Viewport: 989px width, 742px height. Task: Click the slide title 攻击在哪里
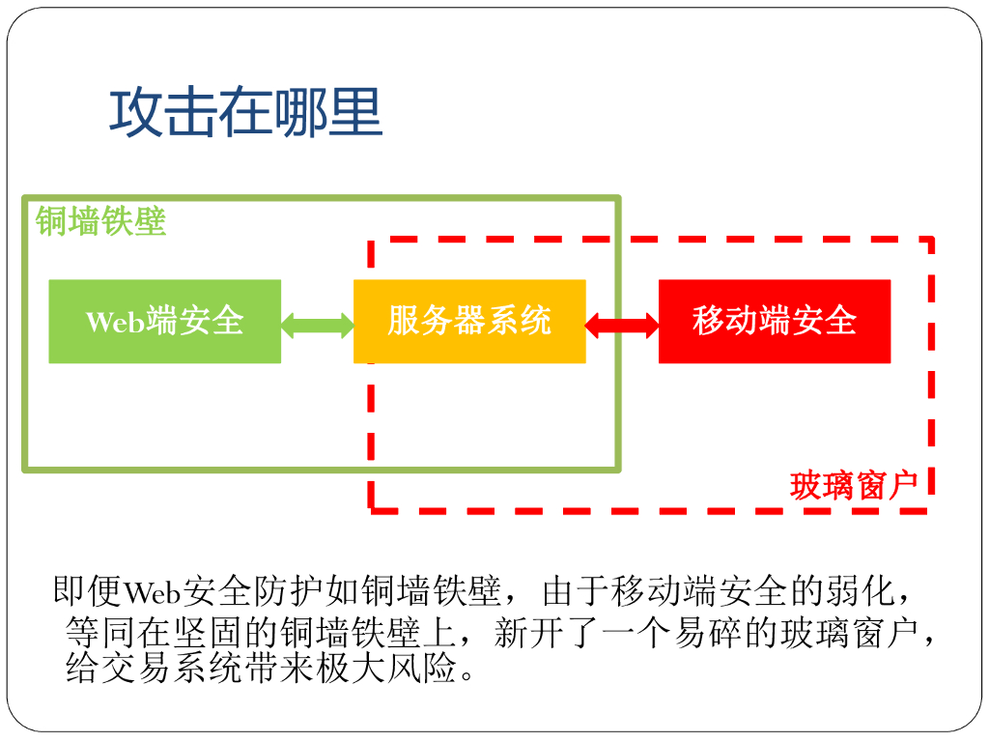[x=245, y=113]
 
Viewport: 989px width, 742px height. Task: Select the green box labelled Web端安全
[x=164, y=321]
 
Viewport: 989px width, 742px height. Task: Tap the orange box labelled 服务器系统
[x=469, y=321]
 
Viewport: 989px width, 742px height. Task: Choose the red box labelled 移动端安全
[x=775, y=321]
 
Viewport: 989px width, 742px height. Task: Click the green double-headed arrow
[x=318, y=323]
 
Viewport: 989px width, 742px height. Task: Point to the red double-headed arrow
[x=622, y=323]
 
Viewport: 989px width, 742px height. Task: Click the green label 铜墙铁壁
[x=101, y=221]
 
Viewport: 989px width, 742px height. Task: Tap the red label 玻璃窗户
[x=853, y=485]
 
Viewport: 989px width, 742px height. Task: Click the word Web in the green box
[x=114, y=322]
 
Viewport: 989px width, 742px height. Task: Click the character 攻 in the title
[x=134, y=113]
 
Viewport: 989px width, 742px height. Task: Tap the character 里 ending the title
[x=357, y=113]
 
